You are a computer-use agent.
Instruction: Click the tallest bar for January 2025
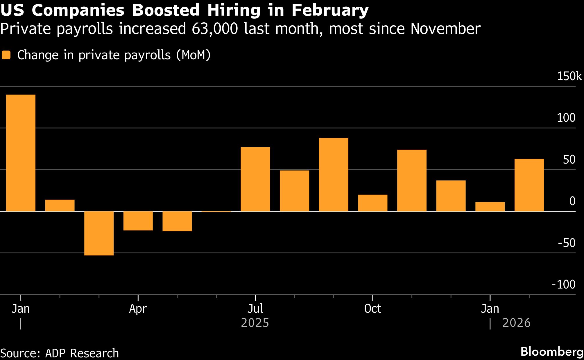coord(21,153)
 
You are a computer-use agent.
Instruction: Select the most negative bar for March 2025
coord(99,233)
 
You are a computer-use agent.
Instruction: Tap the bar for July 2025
coord(255,179)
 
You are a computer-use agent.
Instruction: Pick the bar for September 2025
coord(334,174)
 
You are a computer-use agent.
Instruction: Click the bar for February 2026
coord(529,185)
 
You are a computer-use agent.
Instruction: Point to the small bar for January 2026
coord(490,207)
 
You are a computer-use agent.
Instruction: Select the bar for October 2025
coord(372,203)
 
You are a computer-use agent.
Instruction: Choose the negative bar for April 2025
coord(138,221)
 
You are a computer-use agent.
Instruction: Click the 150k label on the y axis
coord(569,76)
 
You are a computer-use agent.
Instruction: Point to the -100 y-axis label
coord(563,284)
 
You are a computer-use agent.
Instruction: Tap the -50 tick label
coord(567,243)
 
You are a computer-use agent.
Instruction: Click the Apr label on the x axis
coord(138,309)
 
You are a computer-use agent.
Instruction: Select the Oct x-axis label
coord(372,309)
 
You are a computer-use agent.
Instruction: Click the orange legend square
coord(6,55)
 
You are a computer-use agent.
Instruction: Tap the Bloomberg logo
coord(552,352)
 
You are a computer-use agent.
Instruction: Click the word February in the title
coord(330,10)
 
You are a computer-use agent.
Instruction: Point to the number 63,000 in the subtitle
coord(215,29)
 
